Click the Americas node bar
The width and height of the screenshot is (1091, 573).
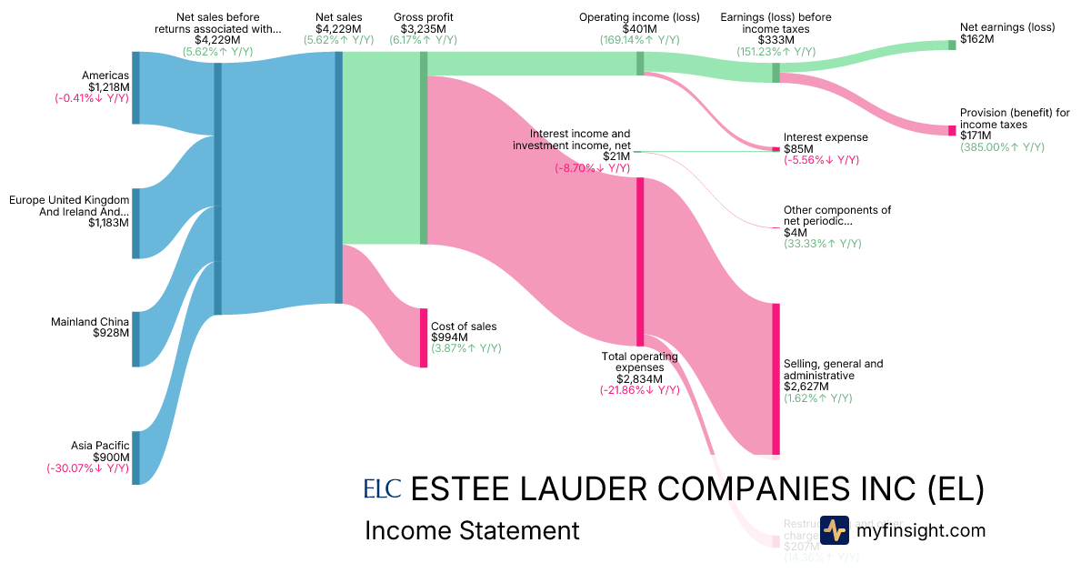pos(135,87)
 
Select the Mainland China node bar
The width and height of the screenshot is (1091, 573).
pos(135,339)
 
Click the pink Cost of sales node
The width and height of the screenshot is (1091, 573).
pos(424,337)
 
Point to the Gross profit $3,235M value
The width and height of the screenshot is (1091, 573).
pos(423,28)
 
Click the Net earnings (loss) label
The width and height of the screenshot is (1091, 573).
pos(1007,27)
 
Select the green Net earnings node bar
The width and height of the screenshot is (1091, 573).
pos(953,45)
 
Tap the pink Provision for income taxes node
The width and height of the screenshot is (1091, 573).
pos(953,131)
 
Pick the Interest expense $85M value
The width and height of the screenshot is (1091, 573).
pos(798,149)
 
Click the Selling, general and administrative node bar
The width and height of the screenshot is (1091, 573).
pos(776,378)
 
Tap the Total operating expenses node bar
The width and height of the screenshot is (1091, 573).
pos(640,261)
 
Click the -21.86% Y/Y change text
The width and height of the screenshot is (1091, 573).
pos(639,390)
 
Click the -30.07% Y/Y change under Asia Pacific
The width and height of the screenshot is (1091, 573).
pos(88,469)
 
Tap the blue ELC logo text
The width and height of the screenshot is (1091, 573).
pos(382,489)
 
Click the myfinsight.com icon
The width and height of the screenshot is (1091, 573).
pos(835,530)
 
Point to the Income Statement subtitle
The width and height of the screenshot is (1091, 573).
pos(471,531)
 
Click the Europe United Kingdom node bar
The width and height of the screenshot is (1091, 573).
pos(135,224)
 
